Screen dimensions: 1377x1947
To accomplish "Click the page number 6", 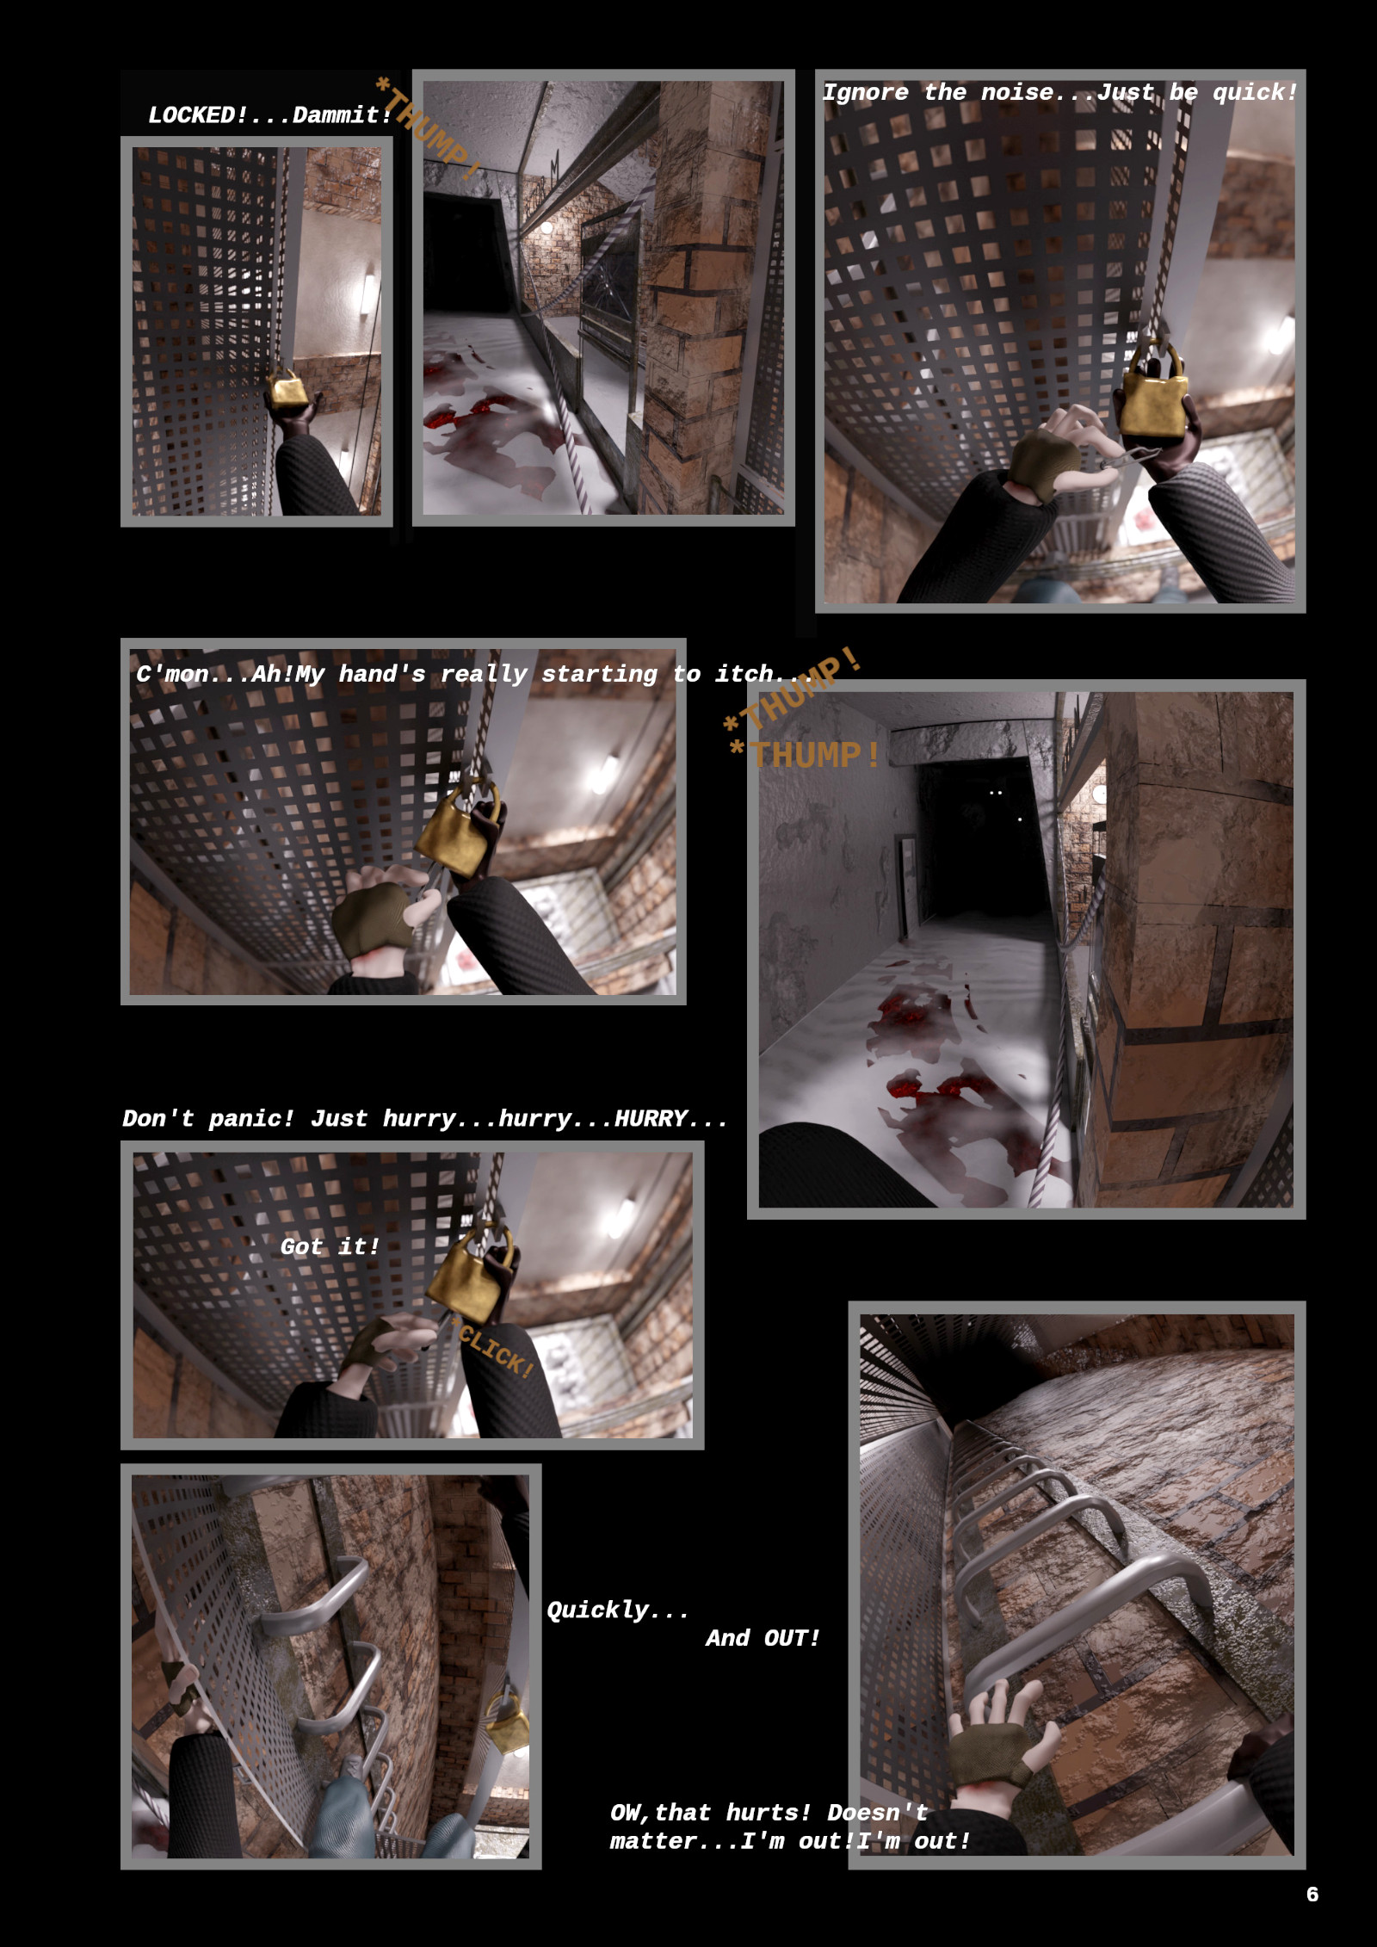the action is tap(1312, 1894).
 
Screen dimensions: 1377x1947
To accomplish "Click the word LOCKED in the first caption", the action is tap(198, 115).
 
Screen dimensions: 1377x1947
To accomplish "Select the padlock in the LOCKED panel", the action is tap(287, 389).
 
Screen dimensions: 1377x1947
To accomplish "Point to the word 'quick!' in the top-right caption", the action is tap(1255, 93).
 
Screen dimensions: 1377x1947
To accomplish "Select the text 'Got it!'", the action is tap(330, 1246).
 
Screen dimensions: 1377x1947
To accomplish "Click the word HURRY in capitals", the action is tap(651, 1118).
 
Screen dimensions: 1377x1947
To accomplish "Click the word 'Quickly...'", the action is tap(618, 1610).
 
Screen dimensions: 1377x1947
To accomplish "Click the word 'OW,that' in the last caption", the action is tap(660, 1812).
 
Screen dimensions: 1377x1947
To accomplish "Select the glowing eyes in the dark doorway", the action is tap(996, 792).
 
